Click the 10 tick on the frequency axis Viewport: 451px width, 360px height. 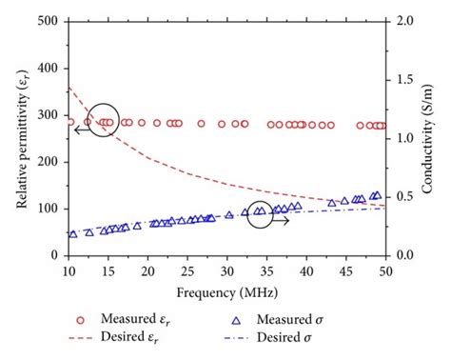pyautogui.click(x=69, y=272)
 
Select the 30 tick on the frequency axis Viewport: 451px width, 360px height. pyautogui.click(x=226, y=272)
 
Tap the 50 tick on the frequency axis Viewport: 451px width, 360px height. pyautogui.click(x=385, y=272)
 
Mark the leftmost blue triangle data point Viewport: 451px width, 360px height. pyautogui.click(x=73, y=233)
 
